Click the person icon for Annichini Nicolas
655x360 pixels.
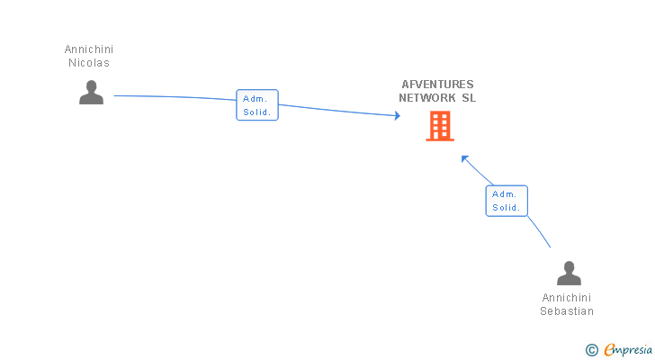(x=91, y=93)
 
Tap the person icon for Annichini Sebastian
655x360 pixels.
(x=569, y=274)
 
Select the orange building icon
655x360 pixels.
(x=439, y=127)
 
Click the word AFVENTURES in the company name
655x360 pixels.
(x=437, y=85)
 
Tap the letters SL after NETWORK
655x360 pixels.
(x=469, y=98)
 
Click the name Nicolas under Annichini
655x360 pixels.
(x=89, y=63)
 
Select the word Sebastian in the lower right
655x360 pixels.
(x=567, y=311)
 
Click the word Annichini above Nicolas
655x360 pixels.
(x=89, y=49)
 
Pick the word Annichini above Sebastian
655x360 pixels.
(x=567, y=298)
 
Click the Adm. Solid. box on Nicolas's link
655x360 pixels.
(x=257, y=105)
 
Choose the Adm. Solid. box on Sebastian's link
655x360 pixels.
(x=507, y=201)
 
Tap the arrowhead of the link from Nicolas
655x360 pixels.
(x=397, y=115)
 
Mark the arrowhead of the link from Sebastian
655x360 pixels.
(x=464, y=158)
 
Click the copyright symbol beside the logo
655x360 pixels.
(x=591, y=350)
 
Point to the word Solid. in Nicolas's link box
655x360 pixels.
(x=257, y=112)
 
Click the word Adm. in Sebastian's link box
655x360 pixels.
(x=506, y=193)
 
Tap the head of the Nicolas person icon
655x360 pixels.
(x=91, y=86)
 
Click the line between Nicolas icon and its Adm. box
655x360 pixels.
(x=171, y=96)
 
